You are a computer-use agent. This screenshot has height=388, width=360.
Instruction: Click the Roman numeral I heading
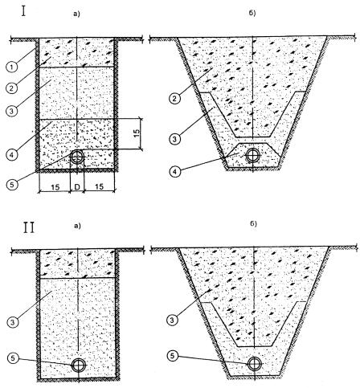(x=24, y=12)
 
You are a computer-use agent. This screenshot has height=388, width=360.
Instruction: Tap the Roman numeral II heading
(x=29, y=227)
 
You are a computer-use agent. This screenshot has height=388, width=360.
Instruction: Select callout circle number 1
(x=11, y=67)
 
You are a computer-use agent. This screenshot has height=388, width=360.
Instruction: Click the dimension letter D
(x=77, y=187)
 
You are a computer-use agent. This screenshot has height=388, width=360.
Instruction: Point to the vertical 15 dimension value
(x=137, y=133)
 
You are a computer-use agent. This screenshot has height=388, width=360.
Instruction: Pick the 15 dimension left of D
(x=55, y=187)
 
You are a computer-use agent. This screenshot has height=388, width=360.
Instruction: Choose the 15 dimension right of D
(x=99, y=186)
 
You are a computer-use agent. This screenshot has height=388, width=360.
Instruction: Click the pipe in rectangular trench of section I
(x=77, y=157)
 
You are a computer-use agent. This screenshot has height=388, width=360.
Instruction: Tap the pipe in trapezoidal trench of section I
(x=252, y=155)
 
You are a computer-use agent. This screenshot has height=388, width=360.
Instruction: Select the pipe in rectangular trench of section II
(x=79, y=365)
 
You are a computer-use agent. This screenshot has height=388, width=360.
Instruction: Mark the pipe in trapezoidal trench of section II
(x=255, y=364)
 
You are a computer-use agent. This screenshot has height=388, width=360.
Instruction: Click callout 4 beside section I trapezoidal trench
(x=175, y=172)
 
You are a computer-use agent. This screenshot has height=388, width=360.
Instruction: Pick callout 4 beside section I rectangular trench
(x=11, y=154)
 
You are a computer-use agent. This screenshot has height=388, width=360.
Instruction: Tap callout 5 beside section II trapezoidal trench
(x=173, y=356)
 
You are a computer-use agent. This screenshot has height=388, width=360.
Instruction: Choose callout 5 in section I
(x=11, y=185)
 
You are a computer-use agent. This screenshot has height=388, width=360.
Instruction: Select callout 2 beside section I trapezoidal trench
(x=174, y=99)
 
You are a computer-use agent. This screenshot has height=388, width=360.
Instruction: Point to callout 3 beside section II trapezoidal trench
(x=172, y=320)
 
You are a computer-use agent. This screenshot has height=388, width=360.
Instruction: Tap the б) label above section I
(x=252, y=13)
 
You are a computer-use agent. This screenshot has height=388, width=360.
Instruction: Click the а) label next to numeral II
(x=77, y=226)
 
